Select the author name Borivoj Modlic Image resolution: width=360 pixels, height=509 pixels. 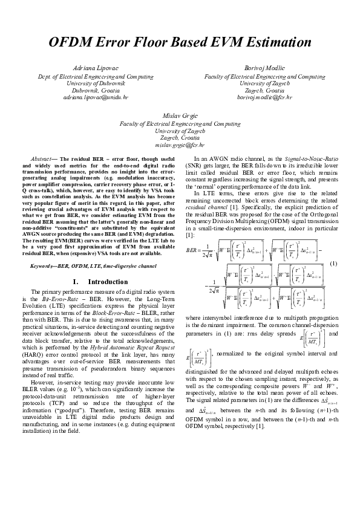coord(264,68)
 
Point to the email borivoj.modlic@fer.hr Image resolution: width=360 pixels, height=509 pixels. coord(264,97)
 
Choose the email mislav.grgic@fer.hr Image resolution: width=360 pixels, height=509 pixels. coord(180,145)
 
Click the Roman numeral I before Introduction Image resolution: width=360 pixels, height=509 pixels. coord(74,282)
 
